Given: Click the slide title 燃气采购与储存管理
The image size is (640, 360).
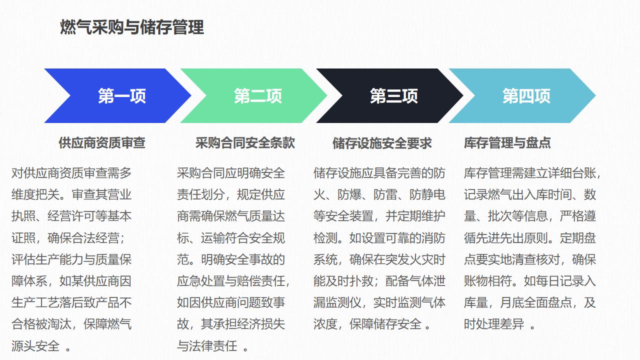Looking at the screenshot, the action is click(132, 27).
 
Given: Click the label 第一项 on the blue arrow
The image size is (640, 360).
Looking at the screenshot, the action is click(122, 96).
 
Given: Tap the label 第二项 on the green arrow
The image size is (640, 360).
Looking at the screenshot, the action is click(258, 96).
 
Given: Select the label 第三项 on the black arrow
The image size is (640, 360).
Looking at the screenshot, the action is click(394, 96).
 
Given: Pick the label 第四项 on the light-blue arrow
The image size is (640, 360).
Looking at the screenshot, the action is click(526, 96).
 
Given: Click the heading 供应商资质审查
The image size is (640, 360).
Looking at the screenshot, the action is click(102, 143).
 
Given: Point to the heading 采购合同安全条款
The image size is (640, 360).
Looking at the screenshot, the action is click(245, 143).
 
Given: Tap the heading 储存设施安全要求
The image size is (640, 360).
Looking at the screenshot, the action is click(382, 143).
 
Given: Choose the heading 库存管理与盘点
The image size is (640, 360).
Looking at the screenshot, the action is click(507, 143).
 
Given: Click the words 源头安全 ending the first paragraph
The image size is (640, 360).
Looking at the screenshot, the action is click(35, 346).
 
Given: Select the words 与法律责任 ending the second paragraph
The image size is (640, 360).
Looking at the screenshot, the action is click(207, 346).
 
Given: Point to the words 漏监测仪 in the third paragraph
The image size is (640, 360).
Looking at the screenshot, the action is click(337, 302).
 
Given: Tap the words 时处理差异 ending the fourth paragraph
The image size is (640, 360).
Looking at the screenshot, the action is click(494, 324).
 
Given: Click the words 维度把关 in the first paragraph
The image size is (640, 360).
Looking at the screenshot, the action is click(35, 195).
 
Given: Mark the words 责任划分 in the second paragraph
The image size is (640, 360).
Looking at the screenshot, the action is click(201, 195).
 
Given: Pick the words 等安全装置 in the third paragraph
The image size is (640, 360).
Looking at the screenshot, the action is click(343, 216).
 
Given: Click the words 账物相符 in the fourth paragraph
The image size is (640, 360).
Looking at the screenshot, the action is click(488, 281).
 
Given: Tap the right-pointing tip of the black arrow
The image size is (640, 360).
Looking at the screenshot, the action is click(463, 95).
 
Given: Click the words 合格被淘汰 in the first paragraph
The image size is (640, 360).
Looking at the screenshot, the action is click(41, 324).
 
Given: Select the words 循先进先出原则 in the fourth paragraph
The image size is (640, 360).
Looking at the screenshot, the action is click(506, 238).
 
